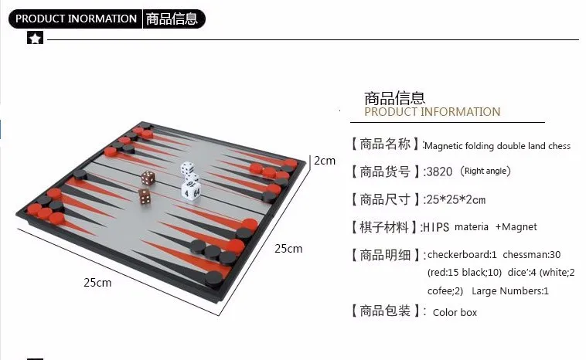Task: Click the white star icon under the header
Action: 35,39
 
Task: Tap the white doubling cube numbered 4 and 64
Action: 191,188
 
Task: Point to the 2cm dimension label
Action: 324,161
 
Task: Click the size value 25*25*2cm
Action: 455,199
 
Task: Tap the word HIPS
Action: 436,227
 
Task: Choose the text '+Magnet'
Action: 516,227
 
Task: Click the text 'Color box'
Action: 455,312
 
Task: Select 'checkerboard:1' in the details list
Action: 462,254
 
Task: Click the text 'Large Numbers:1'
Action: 509,291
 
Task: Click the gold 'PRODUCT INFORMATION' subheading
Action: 432,112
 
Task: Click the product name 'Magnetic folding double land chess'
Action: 498,145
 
